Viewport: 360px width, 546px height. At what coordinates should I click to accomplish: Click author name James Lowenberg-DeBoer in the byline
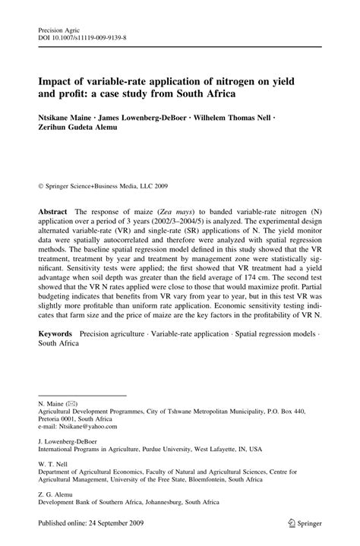(x=144, y=118)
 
